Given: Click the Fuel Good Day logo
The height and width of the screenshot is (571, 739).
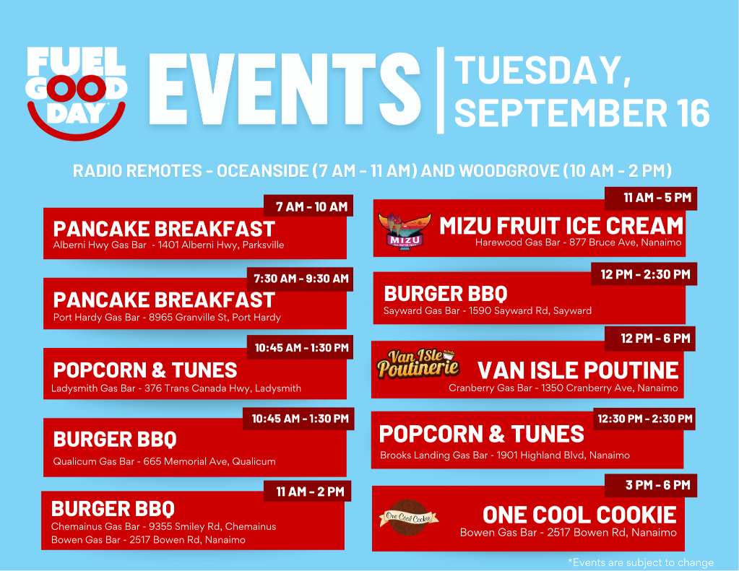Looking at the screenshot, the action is [x=77, y=93].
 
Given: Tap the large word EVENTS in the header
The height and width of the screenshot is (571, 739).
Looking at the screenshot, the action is [x=285, y=89].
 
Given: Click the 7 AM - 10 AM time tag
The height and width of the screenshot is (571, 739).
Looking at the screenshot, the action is [x=308, y=206].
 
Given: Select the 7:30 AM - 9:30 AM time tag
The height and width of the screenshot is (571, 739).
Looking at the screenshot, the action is [x=301, y=279].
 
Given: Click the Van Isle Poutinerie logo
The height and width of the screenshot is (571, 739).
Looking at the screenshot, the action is [x=418, y=364].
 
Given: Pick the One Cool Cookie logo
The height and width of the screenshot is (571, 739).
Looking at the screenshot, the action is [x=409, y=518].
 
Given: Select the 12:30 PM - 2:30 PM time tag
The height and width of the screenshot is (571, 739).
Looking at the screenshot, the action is [x=645, y=419].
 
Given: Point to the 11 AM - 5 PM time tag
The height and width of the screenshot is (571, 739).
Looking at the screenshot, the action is [x=651, y=198].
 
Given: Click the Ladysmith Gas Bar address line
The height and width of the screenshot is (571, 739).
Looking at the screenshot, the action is [x=176, y=388].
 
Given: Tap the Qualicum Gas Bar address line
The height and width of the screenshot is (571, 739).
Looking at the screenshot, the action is [x=164, y=462].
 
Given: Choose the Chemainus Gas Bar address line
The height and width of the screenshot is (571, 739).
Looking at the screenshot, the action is [x=163, y=526].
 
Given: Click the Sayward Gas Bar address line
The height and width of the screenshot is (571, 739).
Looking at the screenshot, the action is [x=488, y=311].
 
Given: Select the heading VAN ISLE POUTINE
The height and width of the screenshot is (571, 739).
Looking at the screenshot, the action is [x=578, y=370].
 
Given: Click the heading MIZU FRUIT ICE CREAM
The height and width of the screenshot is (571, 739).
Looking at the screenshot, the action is [x=561, y=226].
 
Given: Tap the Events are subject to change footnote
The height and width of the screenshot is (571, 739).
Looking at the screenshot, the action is [x=641, y=562].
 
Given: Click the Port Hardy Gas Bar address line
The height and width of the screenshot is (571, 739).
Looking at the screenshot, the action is [x=167, y=318].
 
